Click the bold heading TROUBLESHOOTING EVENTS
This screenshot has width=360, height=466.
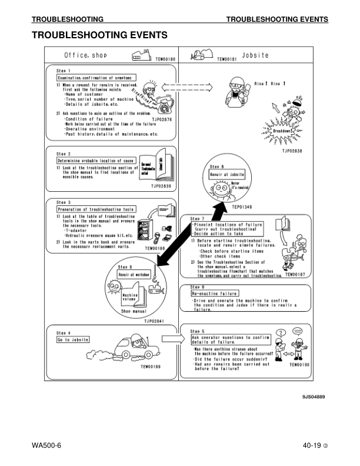(x=99, y=35)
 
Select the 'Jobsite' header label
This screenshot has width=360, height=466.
(x=255, y=55)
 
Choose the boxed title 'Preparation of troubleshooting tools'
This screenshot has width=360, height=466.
(x=96, y=209)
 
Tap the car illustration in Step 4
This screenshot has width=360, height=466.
(x=131, y=348)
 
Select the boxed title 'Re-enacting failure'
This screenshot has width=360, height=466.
(x=214, y=293)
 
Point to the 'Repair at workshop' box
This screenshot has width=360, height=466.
(x=134, y=274)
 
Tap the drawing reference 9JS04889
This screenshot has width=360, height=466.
(x=314, y=397)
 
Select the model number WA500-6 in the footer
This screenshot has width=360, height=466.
(x=47, y=445)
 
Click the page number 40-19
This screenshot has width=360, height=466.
(x=309, y=445)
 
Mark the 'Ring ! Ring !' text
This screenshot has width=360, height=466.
(x=270, y=84)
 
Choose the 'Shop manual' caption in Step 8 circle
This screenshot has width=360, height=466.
(x=134, y=311)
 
